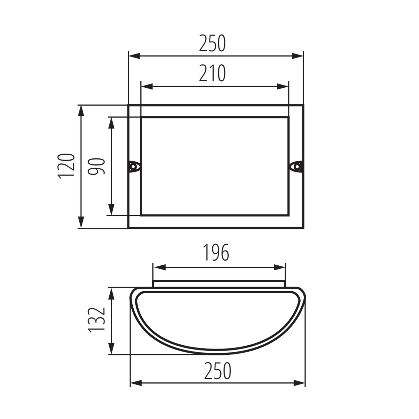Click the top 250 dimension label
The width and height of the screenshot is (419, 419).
tap(212, 43)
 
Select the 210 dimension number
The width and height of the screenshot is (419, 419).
tap(212, 73)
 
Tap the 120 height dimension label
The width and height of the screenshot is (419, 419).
tap(66, 166)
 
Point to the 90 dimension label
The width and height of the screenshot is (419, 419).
tap(96, 166)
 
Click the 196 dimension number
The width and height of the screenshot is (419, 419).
tap(216, 252)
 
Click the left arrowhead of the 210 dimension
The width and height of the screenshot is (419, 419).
tap(147, 87)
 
